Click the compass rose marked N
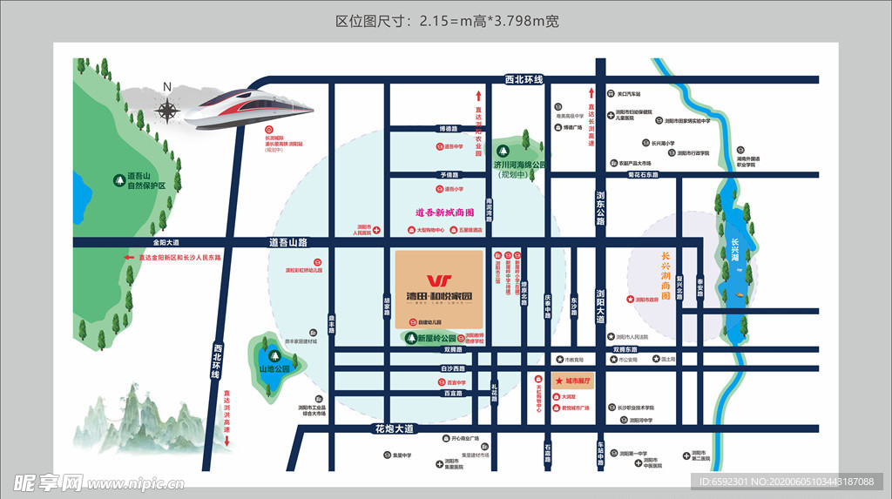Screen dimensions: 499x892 pyautogui.click(x=167, y=108)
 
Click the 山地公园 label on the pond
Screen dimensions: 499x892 pyautogui.click(x=274, y=368)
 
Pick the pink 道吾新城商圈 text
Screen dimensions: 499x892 pyautogui.click(x=445, y=212)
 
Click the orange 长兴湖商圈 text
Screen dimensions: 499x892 pyautogui.click(x=666, y=276)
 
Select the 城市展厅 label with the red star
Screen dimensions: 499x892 pyautogui.click(x=574, y=381)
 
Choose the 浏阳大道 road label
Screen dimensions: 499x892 pyautogui.click(x=600, y=306)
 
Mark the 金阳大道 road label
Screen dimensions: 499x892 pyautogui.click(x=166, y=241)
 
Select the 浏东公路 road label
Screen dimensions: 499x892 pyautogui.click(x=600, y=208)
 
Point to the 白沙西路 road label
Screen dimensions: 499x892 pyautogui.click(x=455, y=368)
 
